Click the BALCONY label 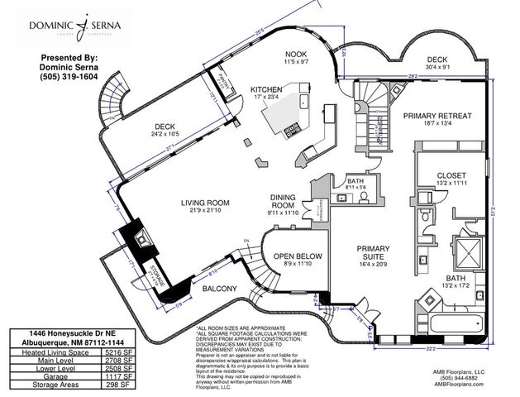220,289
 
